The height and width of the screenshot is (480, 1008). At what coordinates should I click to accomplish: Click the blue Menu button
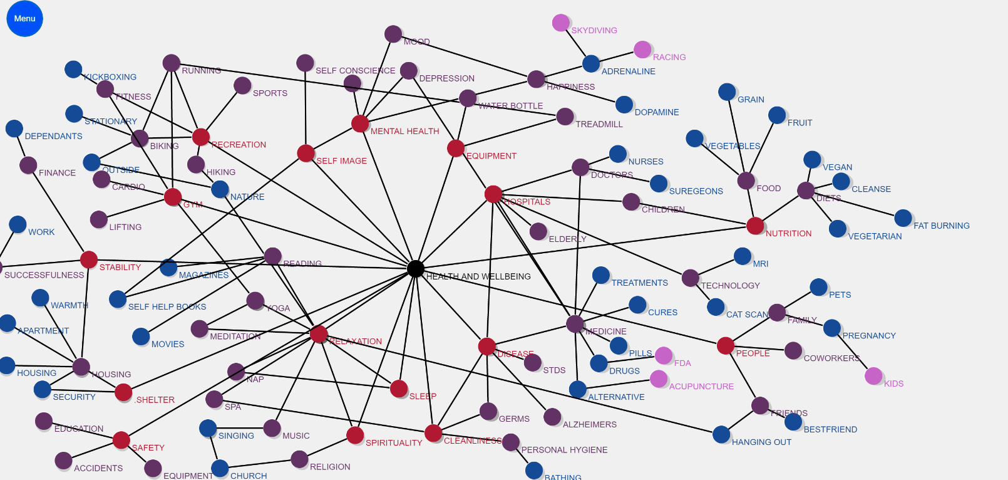pyautogui.click(x=24, y=19)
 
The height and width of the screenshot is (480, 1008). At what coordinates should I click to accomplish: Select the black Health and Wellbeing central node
pyautogui.click(x=415, y=269)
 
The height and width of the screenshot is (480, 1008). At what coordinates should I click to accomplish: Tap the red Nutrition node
pyautogui.click(x=755, y=226)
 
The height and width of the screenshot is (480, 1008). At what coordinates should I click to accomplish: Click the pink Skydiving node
pyautogui.click(x=561, y=23)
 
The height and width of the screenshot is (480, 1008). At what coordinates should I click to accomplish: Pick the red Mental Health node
pyautogui.click(x=360, y=123)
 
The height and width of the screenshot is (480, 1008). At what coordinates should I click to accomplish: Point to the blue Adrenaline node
pyautogui.click(x=591, y=63)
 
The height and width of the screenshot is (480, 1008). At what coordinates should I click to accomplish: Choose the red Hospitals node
pyautogui.click(x=493, y=194)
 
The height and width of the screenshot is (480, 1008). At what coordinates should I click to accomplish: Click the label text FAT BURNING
pyautogui.click(x=941, y=226)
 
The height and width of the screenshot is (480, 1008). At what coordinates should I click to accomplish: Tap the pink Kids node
pyautogui.click(x=873, y=376)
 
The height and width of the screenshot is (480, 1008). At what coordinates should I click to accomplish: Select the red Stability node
pyautogui.click(x=89, y=259)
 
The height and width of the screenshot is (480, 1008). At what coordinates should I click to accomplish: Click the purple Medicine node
pyautogui.click(x=575, y=324)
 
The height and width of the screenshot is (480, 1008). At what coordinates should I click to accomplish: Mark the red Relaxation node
pyautogui.click(x=319, y=334)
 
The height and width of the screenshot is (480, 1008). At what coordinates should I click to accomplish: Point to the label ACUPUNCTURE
pyautogui.click(x=701, y=387)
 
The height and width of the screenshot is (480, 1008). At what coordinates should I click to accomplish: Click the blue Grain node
pyautogui.click(x=727, y=92)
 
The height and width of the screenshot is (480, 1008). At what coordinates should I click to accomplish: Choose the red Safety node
pyautogui.click(x=121, y=440)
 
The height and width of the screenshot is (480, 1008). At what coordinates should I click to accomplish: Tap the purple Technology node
pyautogui.click(x=691, y=278)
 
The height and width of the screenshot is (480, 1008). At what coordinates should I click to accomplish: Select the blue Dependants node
pyautogui.click(x=14, y=128)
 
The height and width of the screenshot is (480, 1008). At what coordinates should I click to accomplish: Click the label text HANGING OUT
pyautogui.click(x=761, y=442)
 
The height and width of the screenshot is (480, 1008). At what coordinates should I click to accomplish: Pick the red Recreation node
pyautogui.click(x=201, y=137)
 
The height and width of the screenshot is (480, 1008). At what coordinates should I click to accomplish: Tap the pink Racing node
pyautogui.click(x=642, y=50)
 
